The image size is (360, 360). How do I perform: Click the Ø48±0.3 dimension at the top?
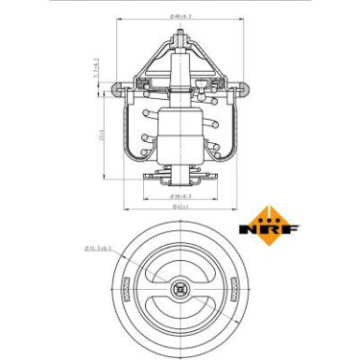point(180,16)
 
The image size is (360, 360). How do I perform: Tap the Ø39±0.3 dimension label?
point(180,195)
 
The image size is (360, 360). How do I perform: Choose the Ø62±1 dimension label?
point(180,208)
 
